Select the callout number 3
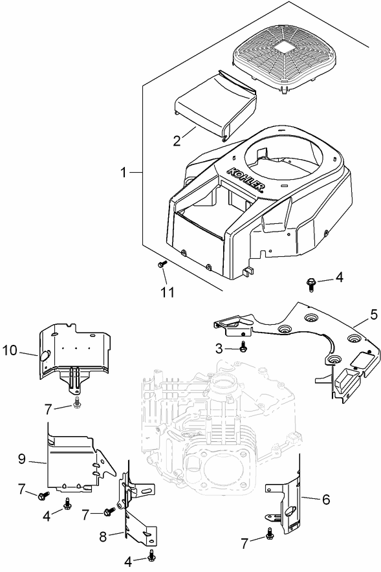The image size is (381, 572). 219,348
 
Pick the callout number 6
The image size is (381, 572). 325,500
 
